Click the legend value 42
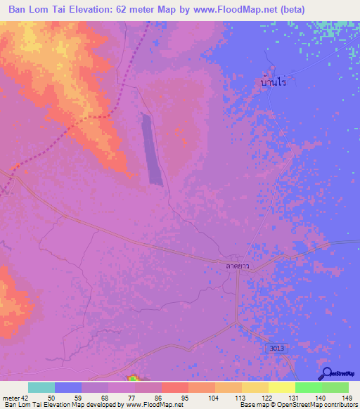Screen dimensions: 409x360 [26, 397]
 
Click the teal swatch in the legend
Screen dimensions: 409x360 [41, 387]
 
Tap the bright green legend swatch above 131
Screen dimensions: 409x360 [308, 387]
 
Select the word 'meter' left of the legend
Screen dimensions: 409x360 [11, 397]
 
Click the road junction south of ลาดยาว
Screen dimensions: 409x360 [237, 273]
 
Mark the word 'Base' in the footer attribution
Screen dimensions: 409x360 [247, 405]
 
